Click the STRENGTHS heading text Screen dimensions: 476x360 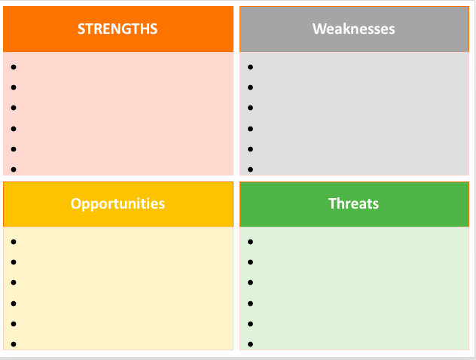(117, 29)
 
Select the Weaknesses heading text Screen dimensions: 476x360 (354, 29)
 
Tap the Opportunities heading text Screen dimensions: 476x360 (117, 203)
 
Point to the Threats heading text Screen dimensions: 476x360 (354, 203)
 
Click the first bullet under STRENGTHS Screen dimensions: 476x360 (14, 67)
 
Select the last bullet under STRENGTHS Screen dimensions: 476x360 (14, 169)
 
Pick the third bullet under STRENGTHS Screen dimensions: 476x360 (14, 108)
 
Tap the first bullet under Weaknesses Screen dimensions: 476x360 (250, 67)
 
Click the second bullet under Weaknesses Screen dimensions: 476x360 (250, 87)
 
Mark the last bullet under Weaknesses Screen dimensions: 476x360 (250, 169)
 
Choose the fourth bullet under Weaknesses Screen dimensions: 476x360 (250, 129)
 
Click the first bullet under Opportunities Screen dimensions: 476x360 (14, 242)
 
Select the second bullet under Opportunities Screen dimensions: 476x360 (14, 262)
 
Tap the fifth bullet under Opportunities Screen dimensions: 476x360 (14, 324)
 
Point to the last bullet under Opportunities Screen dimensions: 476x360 (14, 344)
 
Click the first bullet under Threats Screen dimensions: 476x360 (250, 242)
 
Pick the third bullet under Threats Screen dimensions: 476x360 (250, 282)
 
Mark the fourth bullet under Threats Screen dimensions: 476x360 (250, 304)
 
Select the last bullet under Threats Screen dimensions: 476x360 (250, 344)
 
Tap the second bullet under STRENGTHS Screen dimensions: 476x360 (14, 87)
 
